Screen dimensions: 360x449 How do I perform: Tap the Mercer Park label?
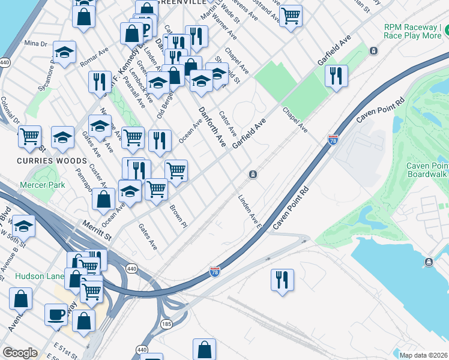[42, 185]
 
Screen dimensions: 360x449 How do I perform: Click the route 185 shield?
[166, 324]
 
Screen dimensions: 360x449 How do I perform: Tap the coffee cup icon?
[56, 314]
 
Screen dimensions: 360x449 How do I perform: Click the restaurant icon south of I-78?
[282, 280]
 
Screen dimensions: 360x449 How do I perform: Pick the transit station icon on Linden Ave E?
[253, 175]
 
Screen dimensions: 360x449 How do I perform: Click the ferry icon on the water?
[429, 262]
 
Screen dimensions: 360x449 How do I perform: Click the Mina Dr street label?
[35, 44]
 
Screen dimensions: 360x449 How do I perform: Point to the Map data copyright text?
[424, 355]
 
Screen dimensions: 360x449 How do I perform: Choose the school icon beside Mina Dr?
[64, 53]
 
